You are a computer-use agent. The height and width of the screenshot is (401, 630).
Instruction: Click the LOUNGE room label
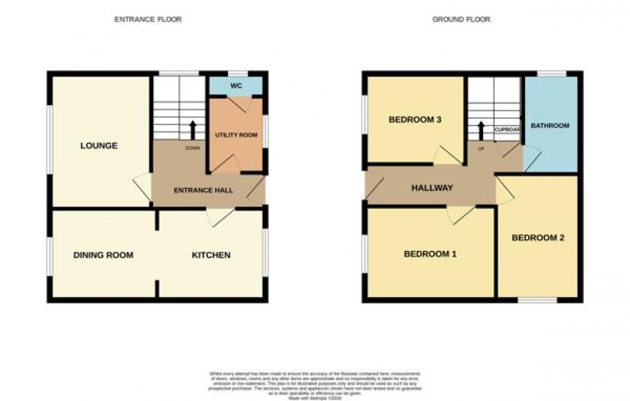tap(99, 146)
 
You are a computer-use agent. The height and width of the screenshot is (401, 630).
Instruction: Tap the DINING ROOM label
tap(103, 255)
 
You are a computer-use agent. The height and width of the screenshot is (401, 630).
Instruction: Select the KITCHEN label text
tap(211, 255)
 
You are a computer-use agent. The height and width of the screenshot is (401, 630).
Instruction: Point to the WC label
tap(235, 86)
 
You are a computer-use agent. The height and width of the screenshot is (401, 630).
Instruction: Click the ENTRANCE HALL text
tap(203, 190)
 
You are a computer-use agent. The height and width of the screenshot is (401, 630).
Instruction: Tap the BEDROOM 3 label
tap(414, 120)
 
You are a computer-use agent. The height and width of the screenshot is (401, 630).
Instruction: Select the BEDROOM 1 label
tap(430, 254)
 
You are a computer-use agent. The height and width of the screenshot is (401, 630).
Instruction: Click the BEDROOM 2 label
tap(538, 238)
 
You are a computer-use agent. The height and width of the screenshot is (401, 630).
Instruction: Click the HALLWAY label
tap(432, 188)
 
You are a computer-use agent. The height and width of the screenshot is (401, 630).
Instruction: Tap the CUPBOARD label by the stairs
tap(508, 130)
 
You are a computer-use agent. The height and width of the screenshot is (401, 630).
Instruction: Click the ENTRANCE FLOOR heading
tap(148, 20)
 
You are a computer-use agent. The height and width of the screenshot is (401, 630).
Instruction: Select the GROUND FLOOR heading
tap(461, 20)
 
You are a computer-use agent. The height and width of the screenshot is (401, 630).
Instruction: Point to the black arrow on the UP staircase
tap(481, 130)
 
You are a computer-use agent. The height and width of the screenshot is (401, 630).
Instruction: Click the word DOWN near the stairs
tap(192, 148)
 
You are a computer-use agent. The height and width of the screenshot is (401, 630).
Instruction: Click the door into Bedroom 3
tap(447, 156)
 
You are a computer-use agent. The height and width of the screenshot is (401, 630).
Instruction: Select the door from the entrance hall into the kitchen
tap(219, 216)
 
